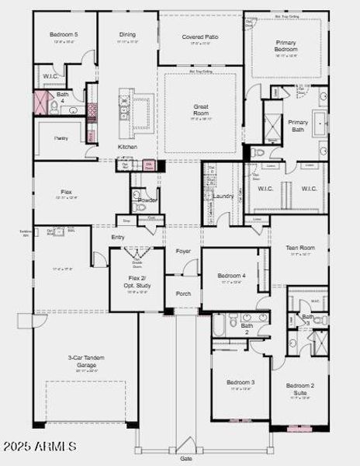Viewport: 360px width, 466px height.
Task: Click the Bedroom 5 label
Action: tap(64, 35)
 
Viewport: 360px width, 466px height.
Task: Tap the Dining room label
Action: tap(127, 35)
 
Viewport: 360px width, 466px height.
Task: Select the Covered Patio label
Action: tap(199, 37)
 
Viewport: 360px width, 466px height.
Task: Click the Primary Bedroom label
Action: tap(286, 46)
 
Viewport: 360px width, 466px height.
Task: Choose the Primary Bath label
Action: tap(298, 127)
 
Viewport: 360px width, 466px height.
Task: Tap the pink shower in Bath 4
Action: tap(41, 103)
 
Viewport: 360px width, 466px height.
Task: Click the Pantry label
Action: tap(61, 137)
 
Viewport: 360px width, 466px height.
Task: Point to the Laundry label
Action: tap(223, 196)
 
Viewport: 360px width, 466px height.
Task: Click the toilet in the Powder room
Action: tap(137, 207)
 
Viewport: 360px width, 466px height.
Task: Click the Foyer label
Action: tap(183, 251)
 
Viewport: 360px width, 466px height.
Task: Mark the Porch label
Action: tap(183, 294)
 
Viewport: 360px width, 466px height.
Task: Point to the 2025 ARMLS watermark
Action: tap(39, 446)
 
